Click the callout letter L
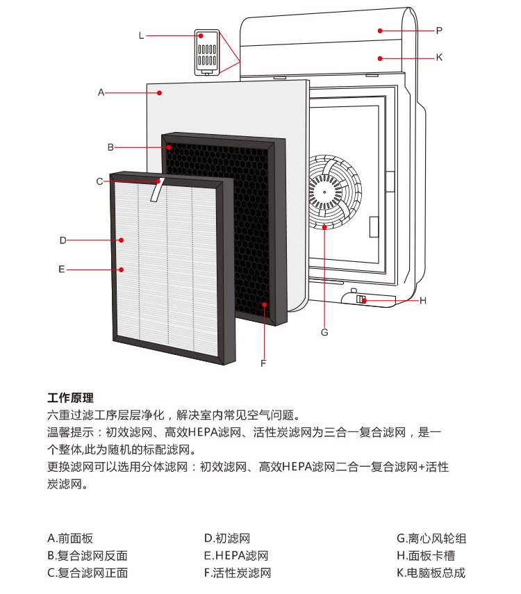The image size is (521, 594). pos(141,35)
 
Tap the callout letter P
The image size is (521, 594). pos(439,31)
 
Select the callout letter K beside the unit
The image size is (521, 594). pos(439,57)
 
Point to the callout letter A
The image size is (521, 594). pos(101,92)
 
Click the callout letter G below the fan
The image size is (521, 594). pos(324,332)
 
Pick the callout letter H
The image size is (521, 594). pos(422,301)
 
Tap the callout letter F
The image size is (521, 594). pos(263,363)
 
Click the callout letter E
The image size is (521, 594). pos(61,269)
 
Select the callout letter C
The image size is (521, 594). pos(99,181)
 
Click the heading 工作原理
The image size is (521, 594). pos(70,398)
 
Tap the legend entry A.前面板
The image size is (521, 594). pos(70,538)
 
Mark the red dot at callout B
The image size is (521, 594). pos(169,147)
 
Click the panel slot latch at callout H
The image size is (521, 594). pos(361,299)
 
